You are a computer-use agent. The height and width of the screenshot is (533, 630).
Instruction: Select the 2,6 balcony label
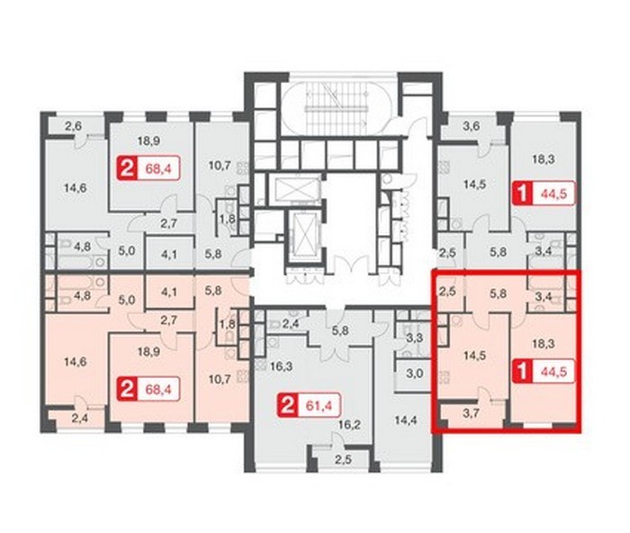pos(73,126)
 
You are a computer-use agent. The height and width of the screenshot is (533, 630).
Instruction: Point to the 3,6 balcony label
pos(471,126)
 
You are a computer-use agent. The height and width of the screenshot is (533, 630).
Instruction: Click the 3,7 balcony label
pos(471,413)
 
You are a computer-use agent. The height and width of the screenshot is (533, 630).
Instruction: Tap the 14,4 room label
pos(405,420)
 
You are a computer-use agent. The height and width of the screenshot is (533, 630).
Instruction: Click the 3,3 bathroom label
pos(414,338)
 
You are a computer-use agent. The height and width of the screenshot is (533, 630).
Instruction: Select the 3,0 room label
pos(414,374)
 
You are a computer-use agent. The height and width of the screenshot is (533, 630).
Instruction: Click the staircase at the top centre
pos(337,105)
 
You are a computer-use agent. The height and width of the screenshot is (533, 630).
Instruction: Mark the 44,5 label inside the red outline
pos(554,372)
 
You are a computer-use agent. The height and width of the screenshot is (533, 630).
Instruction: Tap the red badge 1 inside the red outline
pos(523,372)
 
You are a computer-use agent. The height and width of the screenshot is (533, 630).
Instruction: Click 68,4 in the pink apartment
pos(158,390)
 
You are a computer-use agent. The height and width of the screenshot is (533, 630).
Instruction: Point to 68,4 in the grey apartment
pos(158,168)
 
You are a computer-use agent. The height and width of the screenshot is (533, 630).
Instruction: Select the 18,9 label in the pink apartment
pos(148,352)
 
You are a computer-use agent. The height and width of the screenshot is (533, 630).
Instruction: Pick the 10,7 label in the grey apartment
pos(220,166)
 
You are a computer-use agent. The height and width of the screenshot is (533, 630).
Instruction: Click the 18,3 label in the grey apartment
pos(544,159)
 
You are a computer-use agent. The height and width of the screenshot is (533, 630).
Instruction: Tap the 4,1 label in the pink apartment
pos(169,291)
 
